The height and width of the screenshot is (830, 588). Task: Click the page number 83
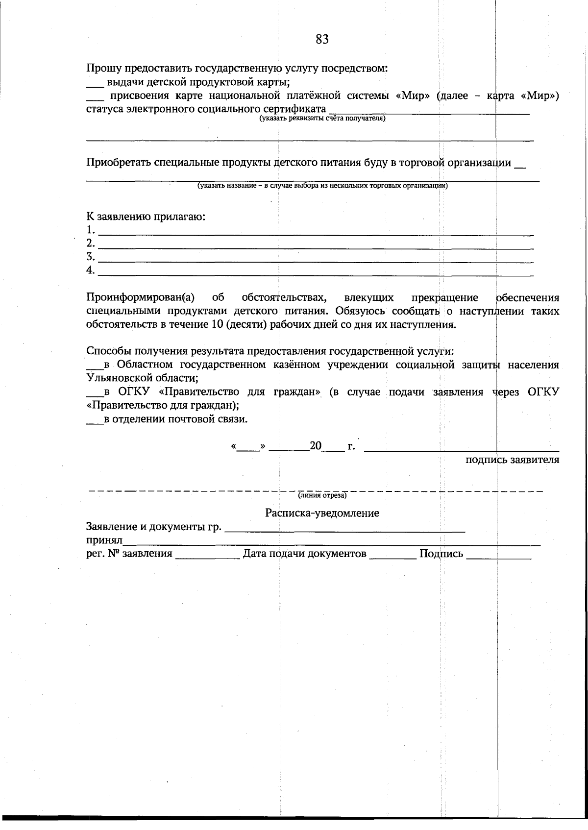(322, 40)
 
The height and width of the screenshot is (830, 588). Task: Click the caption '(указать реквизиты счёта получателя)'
(322, 118)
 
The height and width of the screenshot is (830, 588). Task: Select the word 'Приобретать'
(119, 163)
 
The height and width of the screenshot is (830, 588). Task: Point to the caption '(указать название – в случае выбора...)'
(322, 186)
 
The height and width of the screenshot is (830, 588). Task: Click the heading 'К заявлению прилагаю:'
(146, 216)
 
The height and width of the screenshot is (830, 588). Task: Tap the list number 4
(90, 270)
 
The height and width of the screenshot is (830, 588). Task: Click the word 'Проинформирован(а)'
(141, 297)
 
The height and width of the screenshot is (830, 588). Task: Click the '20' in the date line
(316, 446)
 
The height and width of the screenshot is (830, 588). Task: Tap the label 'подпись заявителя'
(512, 460)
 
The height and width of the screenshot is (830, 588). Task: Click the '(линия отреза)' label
(322, 496)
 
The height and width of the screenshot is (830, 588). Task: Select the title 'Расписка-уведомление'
(322, 513)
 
